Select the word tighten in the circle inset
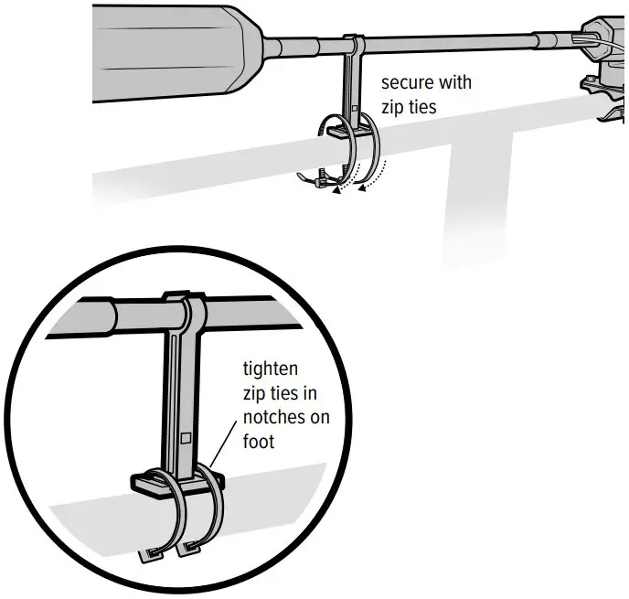272,370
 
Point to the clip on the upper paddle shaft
354,43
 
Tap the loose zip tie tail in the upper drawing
309,179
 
